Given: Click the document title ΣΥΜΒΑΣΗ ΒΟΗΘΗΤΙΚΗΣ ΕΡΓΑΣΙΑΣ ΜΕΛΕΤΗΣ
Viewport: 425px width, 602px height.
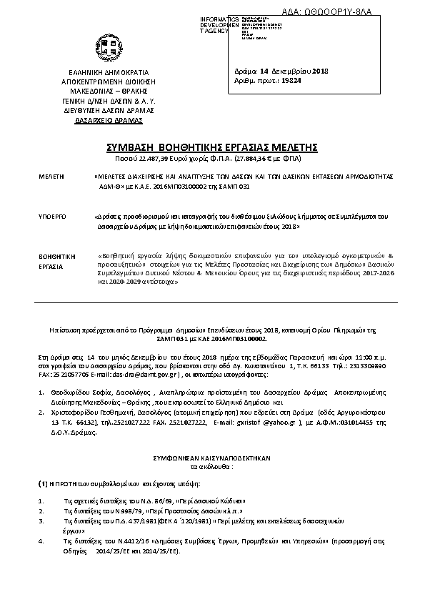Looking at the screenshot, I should pos(212,147).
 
